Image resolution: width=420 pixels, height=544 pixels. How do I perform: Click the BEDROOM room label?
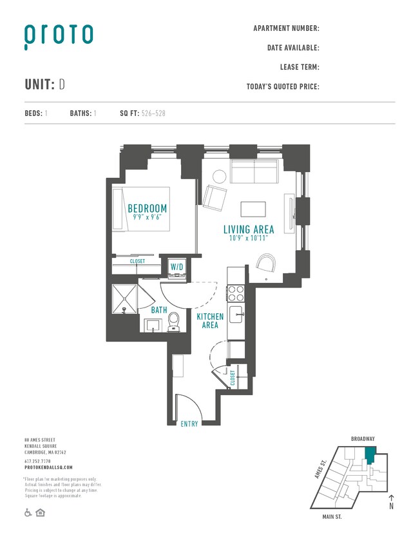coord(147,208)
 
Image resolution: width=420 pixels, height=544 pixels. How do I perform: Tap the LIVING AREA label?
coord(249,229)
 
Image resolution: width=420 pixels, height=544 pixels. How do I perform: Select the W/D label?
coord(177,267)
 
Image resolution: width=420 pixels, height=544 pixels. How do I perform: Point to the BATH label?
coord(159,310)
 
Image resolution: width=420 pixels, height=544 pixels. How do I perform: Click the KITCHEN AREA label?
coord(210,320)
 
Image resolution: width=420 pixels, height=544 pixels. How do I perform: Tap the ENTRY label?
coord(189,423)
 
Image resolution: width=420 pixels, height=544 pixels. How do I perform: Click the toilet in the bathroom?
coord(173,322)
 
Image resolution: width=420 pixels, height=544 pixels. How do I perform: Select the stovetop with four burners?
coord(236,293)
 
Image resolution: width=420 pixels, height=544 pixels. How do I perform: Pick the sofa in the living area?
coord(255,171)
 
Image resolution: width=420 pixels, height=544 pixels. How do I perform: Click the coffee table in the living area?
coord(253,209)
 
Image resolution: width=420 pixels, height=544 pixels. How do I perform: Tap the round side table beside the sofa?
coord(219,176)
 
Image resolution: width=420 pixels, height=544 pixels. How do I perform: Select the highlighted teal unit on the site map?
coord(370,456)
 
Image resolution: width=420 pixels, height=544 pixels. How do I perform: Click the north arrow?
coord(391,500)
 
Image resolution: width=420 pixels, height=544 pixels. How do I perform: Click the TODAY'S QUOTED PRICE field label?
coord(283,86)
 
